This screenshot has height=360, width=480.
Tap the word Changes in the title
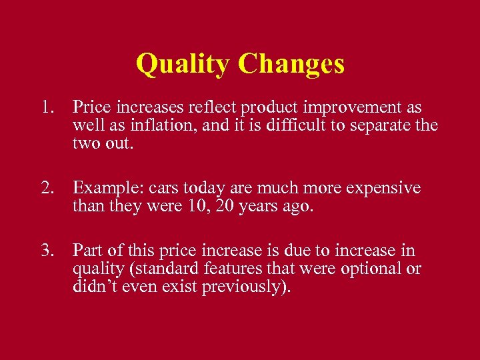point(291,64)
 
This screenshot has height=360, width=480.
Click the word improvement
point(337,107)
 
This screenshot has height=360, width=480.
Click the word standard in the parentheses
point(167,269)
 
